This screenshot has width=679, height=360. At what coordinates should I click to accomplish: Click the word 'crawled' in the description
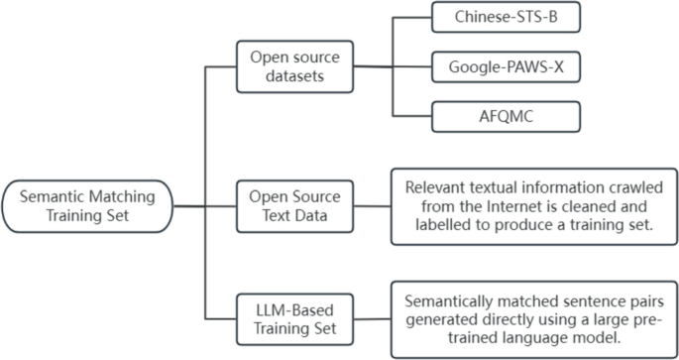616,186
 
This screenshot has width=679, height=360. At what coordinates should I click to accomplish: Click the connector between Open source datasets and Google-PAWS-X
396,67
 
